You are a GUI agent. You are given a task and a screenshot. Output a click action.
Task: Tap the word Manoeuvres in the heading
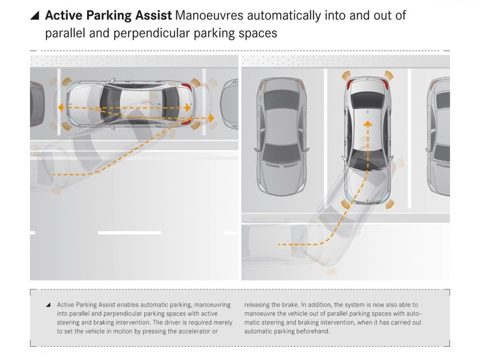pos(209,15)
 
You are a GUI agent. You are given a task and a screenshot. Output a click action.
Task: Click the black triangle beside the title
pos(34,16)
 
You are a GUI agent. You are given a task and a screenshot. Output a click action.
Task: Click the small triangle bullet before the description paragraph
pos(48,305)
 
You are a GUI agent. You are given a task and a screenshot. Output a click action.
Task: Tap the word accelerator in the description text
pos(193,331)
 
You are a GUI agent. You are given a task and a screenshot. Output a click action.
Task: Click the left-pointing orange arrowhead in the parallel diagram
pos(61,108)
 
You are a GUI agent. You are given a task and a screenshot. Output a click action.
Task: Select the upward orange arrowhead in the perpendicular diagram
pos(368,124)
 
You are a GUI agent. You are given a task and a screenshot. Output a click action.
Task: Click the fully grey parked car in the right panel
pos(282,137)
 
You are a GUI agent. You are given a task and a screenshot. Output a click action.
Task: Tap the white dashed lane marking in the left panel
pos(130,233)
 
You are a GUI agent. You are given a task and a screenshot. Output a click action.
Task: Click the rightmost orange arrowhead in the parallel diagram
pos(212,118)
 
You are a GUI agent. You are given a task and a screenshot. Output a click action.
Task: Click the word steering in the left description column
pos(68,323)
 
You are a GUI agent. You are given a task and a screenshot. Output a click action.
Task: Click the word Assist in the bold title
pos(153,15)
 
